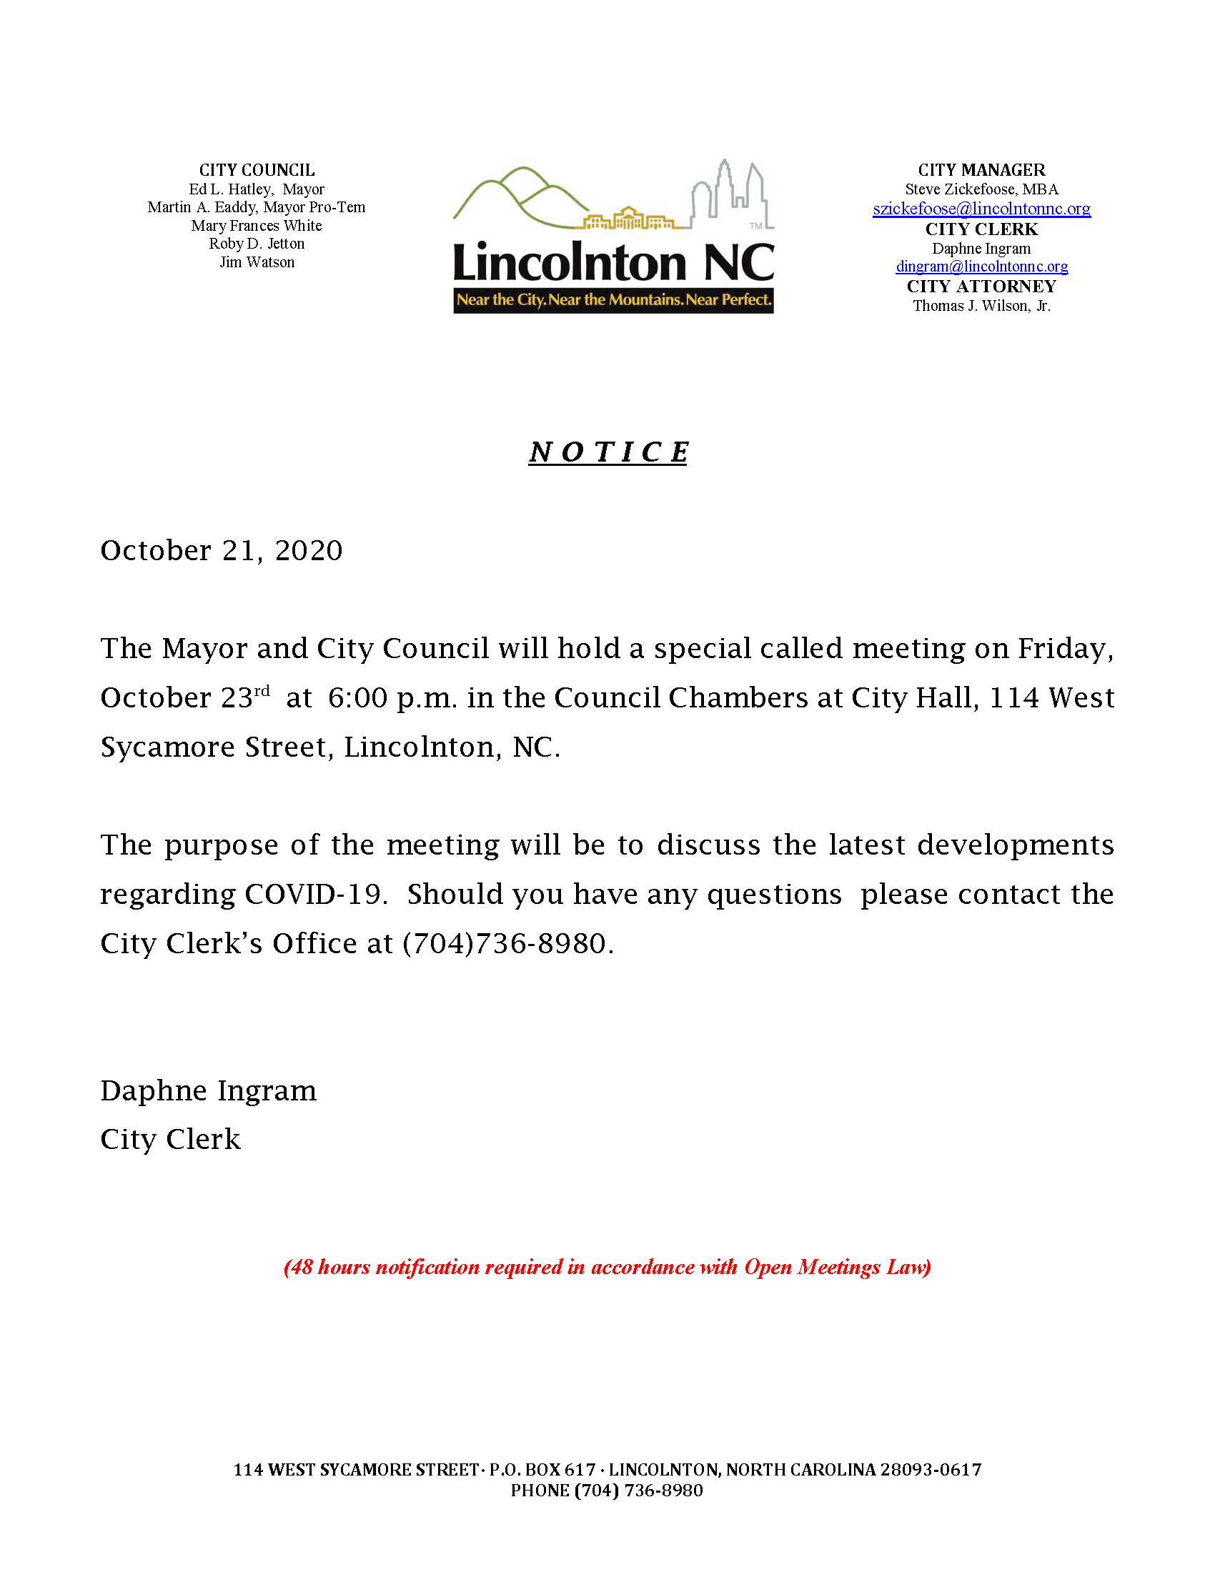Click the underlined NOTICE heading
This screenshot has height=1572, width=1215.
click(608, 452)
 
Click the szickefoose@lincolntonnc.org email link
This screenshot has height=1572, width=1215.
click(981, 209)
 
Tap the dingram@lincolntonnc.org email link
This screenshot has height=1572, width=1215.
click(981, 267)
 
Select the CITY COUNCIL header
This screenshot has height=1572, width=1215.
click(257, 170)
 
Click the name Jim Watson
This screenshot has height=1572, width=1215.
click(257, 262)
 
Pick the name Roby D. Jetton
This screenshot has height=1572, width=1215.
click(257, 244)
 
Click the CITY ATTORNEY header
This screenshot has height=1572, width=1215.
click(981, 287)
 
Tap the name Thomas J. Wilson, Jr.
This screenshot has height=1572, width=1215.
click(981, 306)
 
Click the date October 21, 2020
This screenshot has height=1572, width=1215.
click(222, 551)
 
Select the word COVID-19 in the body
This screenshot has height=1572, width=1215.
click(311, 895)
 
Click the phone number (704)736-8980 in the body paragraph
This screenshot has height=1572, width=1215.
click(507, 944)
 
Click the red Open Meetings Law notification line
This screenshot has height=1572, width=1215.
click(607, 1267)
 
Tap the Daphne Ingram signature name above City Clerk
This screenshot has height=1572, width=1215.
click(209, 1091)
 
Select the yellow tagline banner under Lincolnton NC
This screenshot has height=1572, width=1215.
click(613, 300)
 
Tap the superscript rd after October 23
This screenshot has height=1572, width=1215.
click(262, 691)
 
